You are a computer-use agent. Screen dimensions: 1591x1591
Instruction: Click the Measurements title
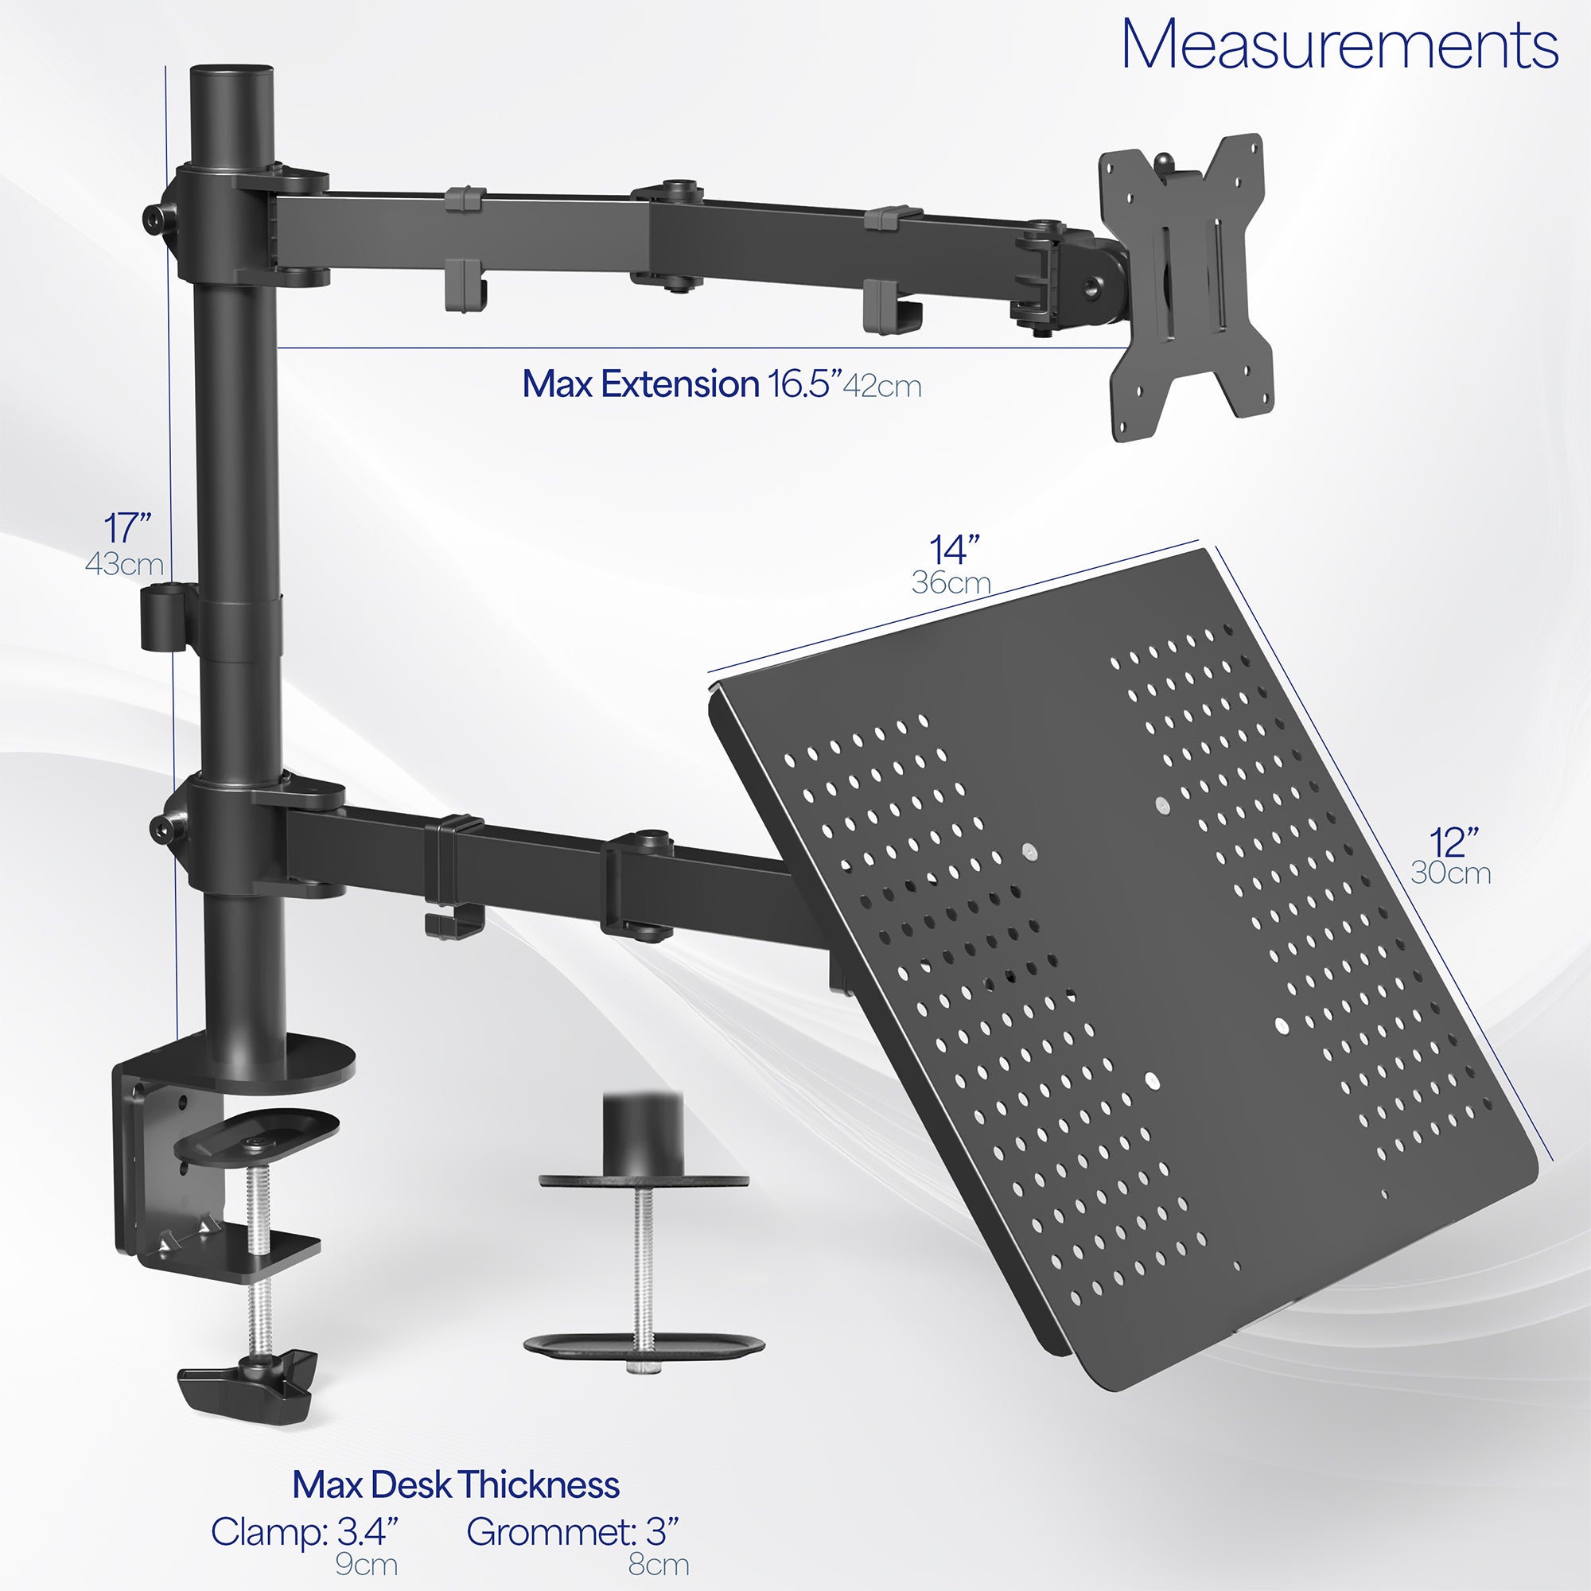coord(1339,45)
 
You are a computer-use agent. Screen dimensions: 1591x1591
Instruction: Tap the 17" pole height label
coord(127,528)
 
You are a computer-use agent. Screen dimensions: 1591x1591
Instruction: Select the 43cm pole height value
coord(124,564)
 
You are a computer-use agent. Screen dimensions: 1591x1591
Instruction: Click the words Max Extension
coord(640,384)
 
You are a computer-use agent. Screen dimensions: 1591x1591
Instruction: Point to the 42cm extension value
coord(882,387)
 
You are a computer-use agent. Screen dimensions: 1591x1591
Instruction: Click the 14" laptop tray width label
coord(955,549)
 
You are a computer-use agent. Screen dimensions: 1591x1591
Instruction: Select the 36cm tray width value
coord(951,583)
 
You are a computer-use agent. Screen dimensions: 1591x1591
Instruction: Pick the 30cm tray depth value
coord(1451,873)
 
